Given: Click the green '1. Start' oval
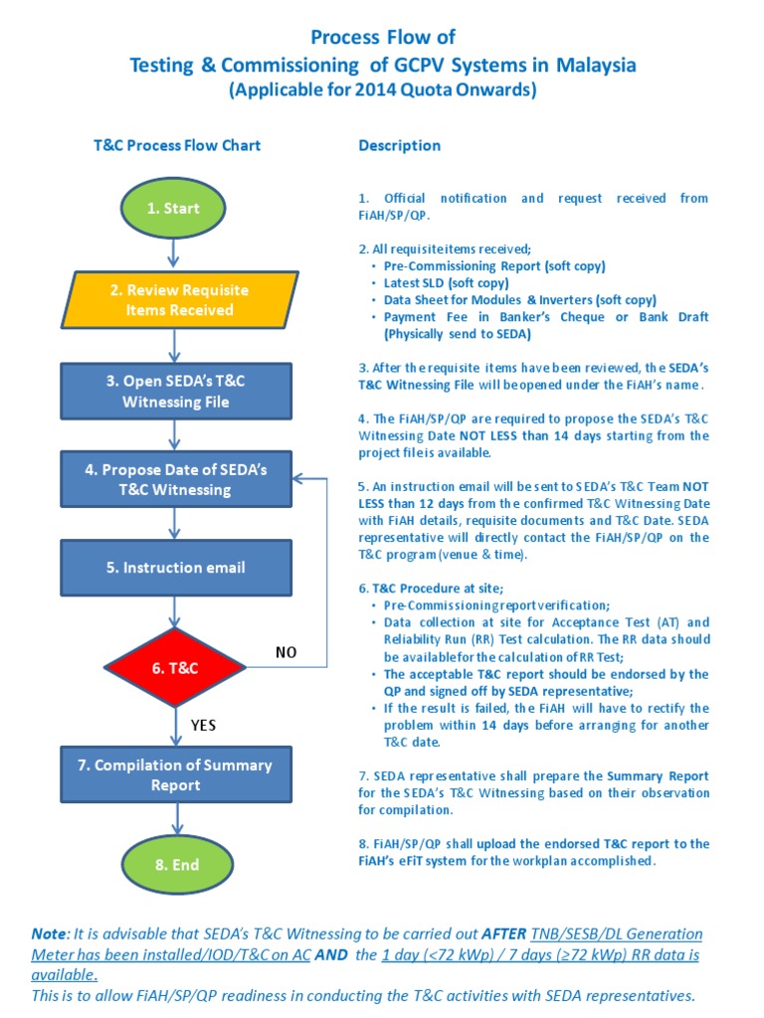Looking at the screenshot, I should (174, 209).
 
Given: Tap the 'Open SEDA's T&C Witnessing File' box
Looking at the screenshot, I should (175, 392).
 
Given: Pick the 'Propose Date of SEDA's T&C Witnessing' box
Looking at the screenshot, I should (175, 479).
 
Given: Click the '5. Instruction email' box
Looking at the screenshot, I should (175, 568).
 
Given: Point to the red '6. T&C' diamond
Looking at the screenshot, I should (175, 669).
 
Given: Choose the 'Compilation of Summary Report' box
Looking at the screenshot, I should (175, 775).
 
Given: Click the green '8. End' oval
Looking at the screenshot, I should (175, 865).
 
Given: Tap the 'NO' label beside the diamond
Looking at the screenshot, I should (287, 653).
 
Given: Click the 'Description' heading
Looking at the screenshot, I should (399, 145).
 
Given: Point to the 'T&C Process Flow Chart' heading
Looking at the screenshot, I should (176, 145).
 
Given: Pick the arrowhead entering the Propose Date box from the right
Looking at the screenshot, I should (298, 478).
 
